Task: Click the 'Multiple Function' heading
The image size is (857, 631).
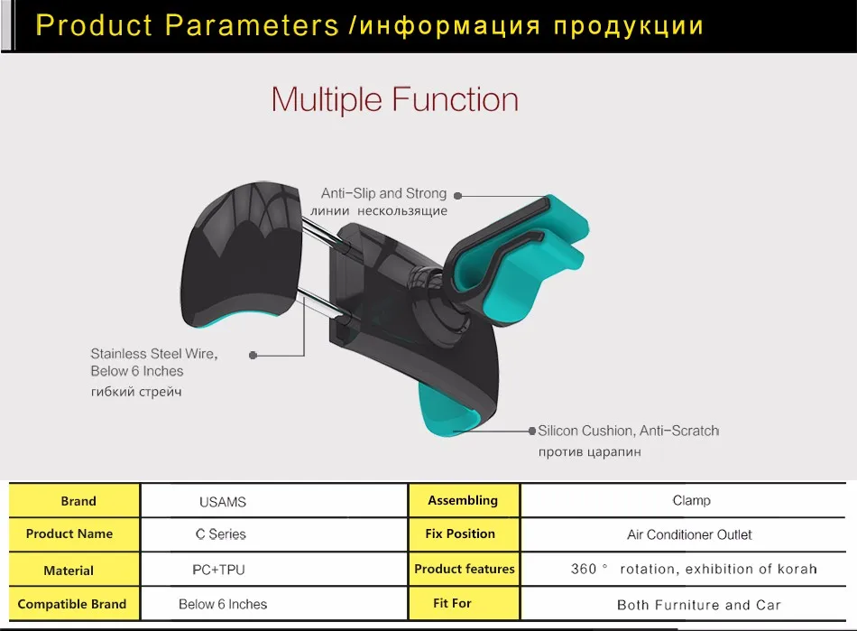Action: pos(394,100)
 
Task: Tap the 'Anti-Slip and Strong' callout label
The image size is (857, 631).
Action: pos(383,193)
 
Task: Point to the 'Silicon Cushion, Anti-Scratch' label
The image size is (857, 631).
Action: pos(628,431)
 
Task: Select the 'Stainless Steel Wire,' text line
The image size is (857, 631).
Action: pos(154,354)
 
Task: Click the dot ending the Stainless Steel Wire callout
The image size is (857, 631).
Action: pos(253,356)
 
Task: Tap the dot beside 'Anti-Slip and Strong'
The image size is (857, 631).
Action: pos(458,196)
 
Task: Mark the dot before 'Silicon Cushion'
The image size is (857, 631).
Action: pos(532,431)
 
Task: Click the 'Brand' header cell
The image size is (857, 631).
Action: pos(74,500)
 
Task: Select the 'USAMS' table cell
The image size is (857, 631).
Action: pos(274,501)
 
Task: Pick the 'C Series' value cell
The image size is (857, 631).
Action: pos(274,534)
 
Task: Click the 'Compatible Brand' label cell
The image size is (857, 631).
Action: pos(74,604)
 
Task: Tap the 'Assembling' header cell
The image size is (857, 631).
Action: pos(464,500)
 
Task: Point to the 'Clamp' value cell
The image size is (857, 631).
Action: pos(683,500)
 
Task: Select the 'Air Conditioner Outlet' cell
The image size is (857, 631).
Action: pos(683,534)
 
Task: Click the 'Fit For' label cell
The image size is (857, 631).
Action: pos(464,604)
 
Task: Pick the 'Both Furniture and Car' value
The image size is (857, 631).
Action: pos(698,605)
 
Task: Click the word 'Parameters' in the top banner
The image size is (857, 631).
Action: pos(252,25)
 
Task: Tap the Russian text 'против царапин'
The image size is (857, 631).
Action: pos(590,452)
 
